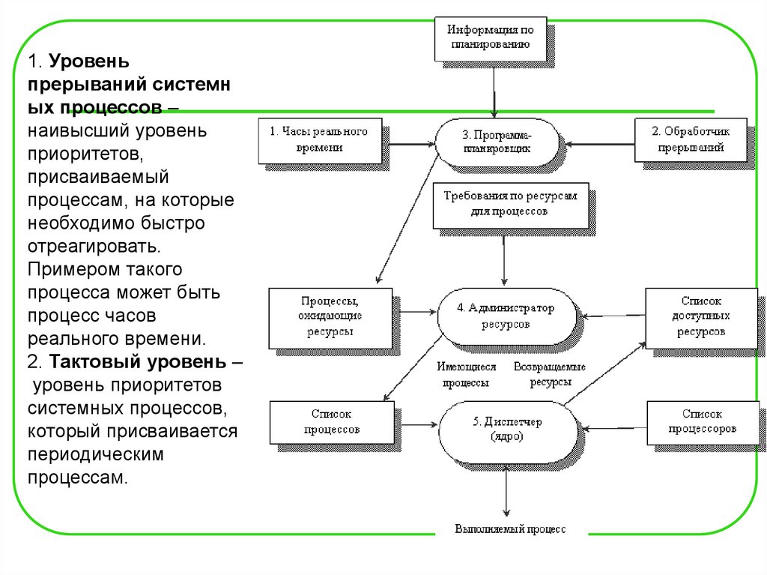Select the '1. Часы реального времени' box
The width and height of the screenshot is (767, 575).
(x=319, y=139)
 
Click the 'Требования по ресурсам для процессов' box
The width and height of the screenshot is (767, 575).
(x=510, y=204)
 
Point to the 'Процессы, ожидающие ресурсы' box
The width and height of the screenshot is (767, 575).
(x=330, y=318)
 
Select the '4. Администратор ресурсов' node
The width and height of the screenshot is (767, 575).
(x=506, y=316)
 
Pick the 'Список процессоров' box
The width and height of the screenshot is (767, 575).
(x=702, y=422)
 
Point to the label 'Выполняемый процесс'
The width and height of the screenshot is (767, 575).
(x=510, y=529)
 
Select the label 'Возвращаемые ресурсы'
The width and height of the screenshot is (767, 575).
(x=549, y=375)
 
